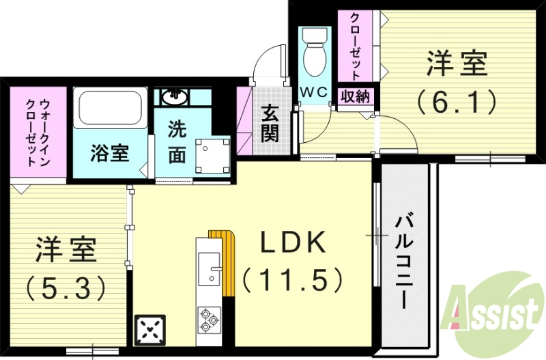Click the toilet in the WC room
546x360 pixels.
click(x=315, y=55)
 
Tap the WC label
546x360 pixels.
click(x=314, y=92)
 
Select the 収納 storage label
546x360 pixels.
click(x=354, y=96)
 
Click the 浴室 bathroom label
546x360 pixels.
click(x=109, y=152)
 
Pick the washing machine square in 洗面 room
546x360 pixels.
click(x=213, y=154)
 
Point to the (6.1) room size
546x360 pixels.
click(x=456, y=102)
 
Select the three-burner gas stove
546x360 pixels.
click(x=209, y=320)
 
